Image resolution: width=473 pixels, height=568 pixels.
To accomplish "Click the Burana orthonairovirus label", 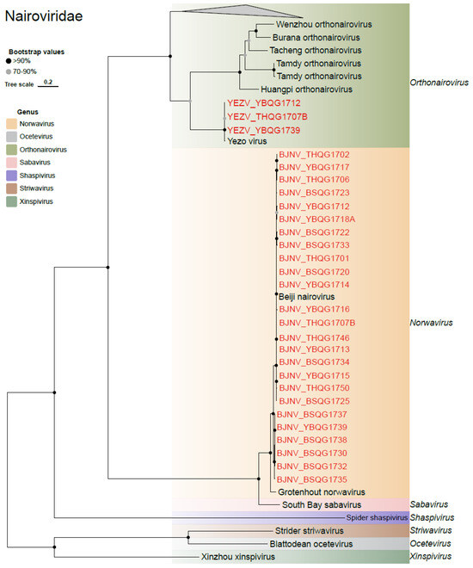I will [311, 38].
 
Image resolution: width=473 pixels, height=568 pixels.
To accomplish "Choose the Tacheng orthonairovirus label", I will [310, 50].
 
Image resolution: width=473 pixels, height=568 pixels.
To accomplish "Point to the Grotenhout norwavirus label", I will [316, 491].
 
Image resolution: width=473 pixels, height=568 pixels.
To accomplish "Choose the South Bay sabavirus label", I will [321, 503].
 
